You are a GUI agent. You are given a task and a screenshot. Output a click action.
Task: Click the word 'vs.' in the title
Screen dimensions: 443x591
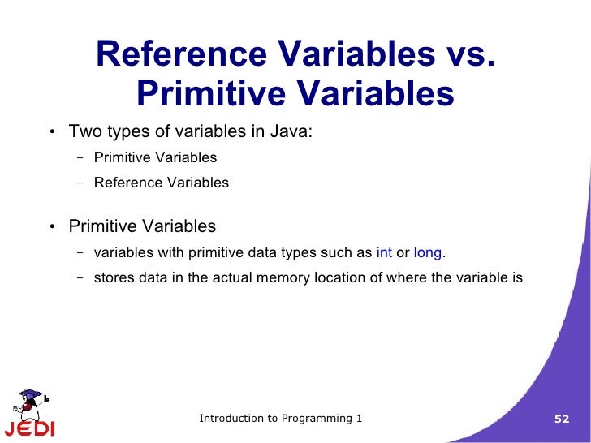click(x=464, y=55)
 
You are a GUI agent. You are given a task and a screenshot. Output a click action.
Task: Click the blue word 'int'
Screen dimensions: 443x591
click(x=384, y=253)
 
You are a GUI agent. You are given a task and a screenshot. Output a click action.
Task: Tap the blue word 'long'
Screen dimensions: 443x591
click(x=428, y=253)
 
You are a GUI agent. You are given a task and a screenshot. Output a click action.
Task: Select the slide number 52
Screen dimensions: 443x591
click(x=562, y=419)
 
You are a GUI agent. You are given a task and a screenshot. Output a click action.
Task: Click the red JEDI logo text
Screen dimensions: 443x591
click(x=29, y=428)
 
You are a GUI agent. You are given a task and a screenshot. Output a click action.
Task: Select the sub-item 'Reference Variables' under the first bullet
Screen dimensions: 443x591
click(x=161, y=183)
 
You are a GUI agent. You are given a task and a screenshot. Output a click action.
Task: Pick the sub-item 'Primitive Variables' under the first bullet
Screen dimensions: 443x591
click(x=155, y=157)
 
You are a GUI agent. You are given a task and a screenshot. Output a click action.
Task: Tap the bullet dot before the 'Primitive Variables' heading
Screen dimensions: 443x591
click(x=51, y=227)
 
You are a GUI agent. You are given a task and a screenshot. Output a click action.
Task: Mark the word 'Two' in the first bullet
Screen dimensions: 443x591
click(x=84, y=132)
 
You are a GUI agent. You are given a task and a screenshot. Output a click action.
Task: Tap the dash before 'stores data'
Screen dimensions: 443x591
click(x=80, y=278)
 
